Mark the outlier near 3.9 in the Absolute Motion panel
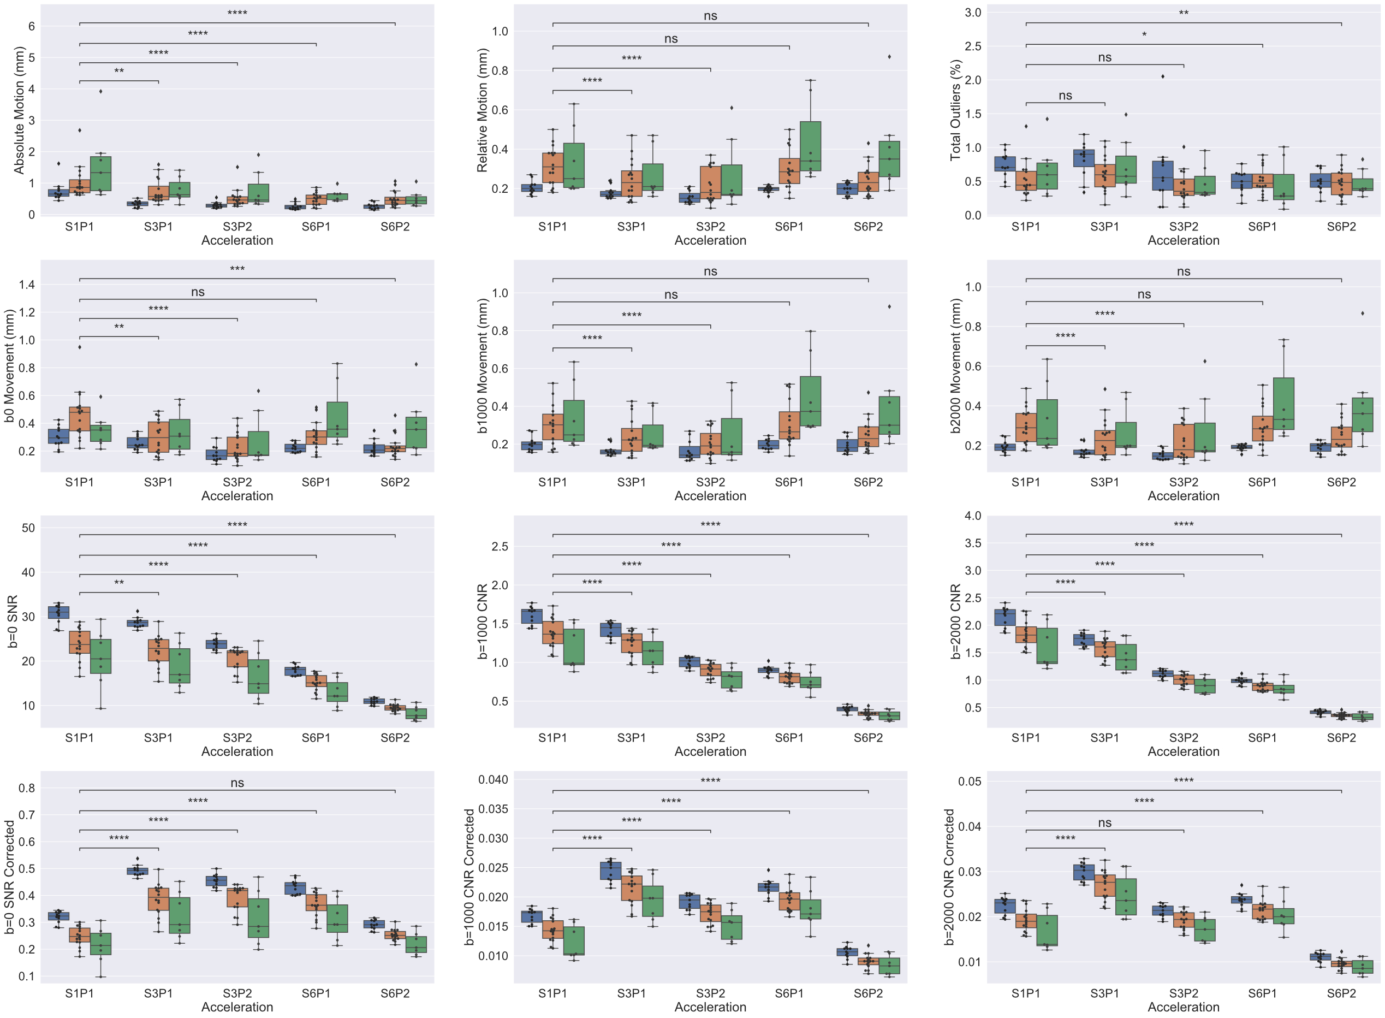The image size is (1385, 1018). tap(100, 91)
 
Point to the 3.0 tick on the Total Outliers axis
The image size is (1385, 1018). tap(973, 13)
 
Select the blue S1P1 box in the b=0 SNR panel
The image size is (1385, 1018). tap(58, 612)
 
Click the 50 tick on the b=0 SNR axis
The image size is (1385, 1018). tap(28, 528)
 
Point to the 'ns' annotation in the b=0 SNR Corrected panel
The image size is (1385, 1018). tap(237, 783)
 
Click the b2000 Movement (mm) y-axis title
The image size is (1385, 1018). tap(955, 366)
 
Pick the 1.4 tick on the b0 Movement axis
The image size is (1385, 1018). tap(27, 285)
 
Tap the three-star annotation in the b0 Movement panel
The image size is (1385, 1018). tap(237, 269)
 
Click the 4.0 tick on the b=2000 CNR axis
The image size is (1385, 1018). tap(973, 516)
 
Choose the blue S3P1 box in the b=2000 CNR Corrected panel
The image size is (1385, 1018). tap(1083, 872)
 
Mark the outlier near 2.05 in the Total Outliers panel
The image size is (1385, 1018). tap(1163, 76)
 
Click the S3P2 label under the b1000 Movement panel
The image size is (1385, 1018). tap(710, 482)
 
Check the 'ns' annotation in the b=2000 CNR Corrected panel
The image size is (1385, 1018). tap(1104, 823)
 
